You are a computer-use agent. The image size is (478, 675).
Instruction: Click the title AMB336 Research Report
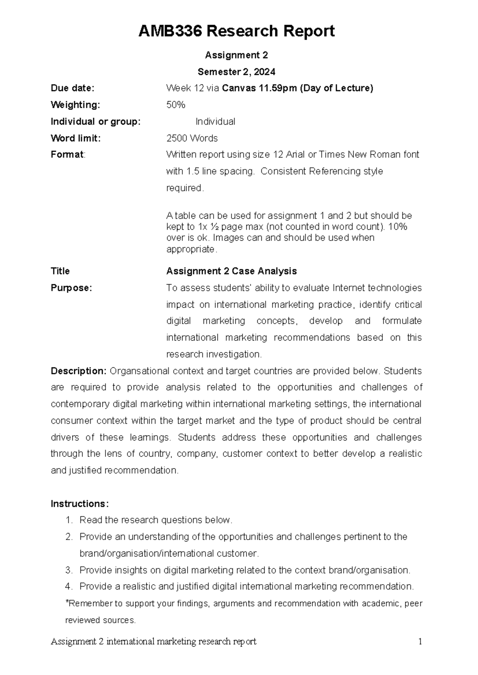click(x=236, y=31)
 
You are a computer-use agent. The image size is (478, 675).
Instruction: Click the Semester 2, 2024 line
click(x=236, y=72)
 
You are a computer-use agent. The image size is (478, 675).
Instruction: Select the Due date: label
click(x=72, y=88)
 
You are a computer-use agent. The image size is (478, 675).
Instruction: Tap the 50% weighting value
click(x=176, y=105)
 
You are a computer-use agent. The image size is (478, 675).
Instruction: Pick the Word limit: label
click(x=76, y=138)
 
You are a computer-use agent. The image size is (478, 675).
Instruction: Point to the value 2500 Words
click(x=192, y=138)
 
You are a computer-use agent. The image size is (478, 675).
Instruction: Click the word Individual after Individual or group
click(x=215, y=121)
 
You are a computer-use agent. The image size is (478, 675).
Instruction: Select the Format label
click(x=67, y=154)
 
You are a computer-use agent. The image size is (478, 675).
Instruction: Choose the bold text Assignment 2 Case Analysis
click(x=231, y=271)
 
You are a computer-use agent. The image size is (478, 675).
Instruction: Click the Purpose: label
click(x=71, y=288)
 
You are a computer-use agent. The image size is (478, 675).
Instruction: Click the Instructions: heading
click(x=79, y=504)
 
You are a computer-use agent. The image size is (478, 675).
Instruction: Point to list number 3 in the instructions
click(x=69, y=570)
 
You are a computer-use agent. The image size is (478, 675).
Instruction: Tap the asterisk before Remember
click(x=67, y=603)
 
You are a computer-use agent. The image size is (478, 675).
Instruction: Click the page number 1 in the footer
click(x=420, y=642)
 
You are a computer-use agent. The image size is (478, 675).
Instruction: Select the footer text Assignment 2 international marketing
click(x=153, y=642)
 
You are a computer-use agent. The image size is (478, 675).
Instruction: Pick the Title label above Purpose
click(x=60, y=271)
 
